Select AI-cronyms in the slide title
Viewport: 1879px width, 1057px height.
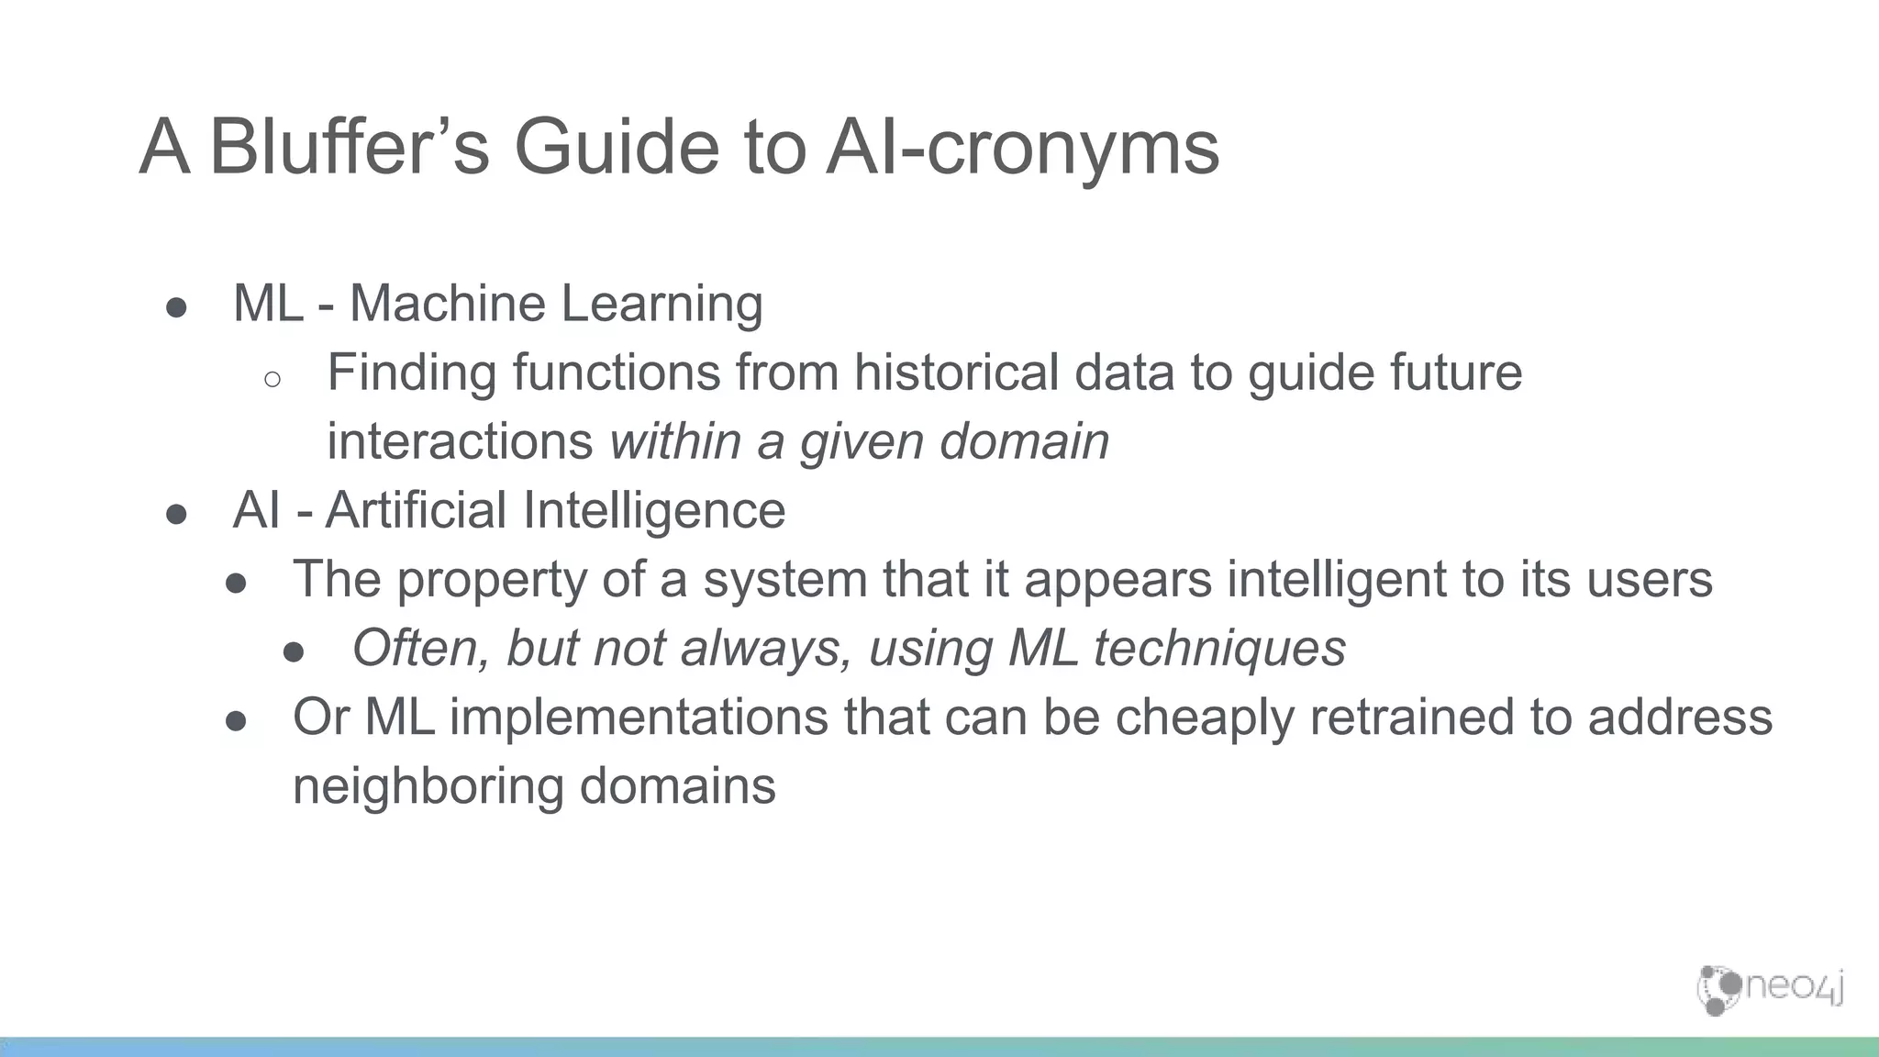coord(1022,147)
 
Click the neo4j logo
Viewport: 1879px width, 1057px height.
coord(1770,989)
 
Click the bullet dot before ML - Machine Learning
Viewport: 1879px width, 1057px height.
coord(177,307)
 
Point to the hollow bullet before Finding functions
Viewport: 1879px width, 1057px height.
coord(272,378)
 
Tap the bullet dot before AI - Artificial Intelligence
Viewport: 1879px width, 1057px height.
coord(177,514)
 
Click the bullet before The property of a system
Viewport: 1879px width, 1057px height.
coord(236,584)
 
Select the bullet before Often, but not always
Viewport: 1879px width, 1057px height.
coord(294,652)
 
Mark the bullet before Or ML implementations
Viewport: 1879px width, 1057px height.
coord(236,721)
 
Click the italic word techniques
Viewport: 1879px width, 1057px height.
coord(1219,649)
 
